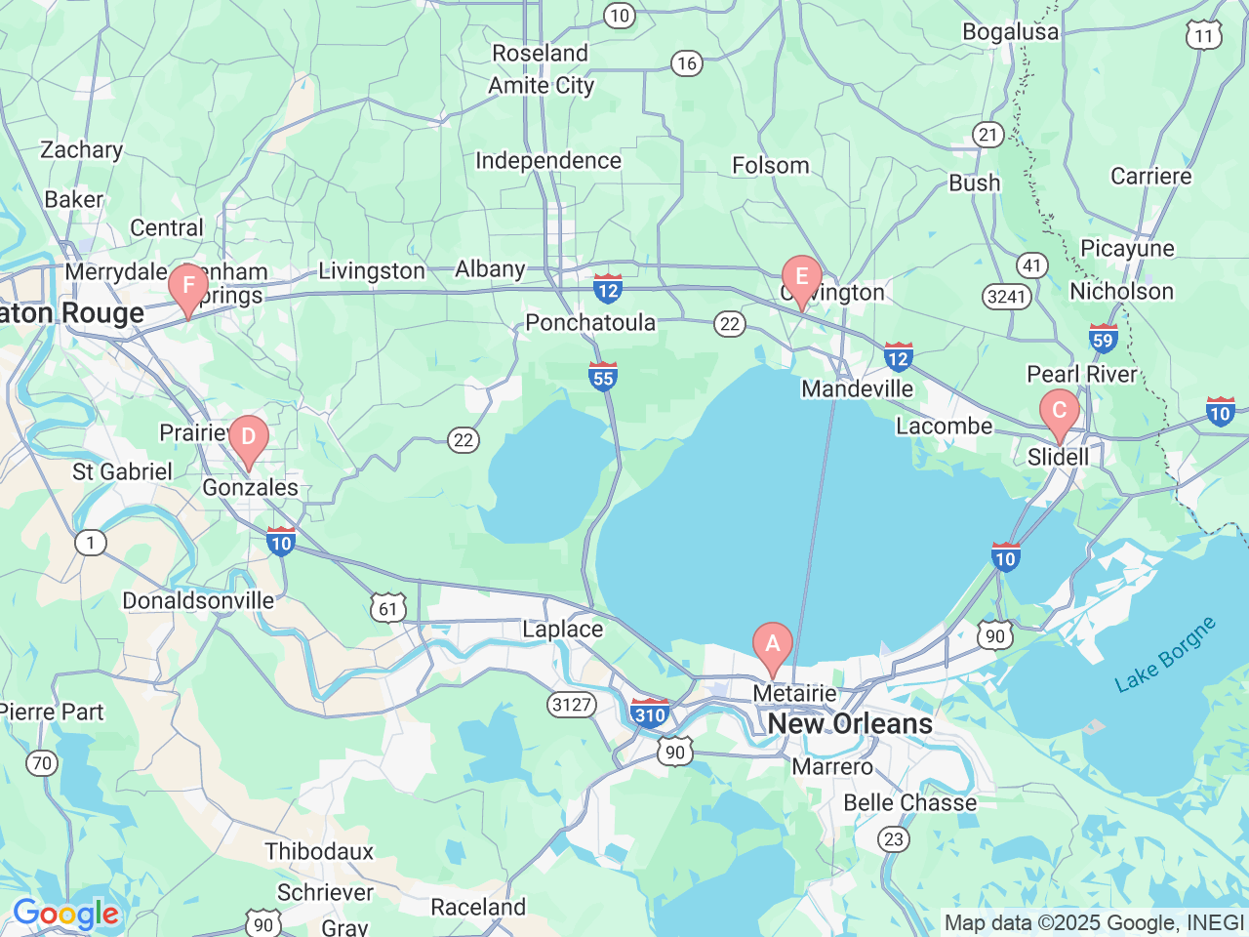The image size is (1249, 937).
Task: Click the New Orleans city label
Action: pyautogui.click(x=850, y=723)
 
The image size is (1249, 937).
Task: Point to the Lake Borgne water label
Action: pyautogui.click(x=1165, y=654)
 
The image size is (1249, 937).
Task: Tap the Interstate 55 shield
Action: pyautogui.click(x=603, y=377)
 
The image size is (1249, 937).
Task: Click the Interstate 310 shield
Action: pyautogui.click(x=650, y=713)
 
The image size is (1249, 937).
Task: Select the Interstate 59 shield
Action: pyautogui.click(x=1103, y=338)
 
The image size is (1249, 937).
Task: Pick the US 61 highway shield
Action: pyautogui.click(x=388, y=609)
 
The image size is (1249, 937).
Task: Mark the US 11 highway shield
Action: pyautogui.click(x=1204, y=36)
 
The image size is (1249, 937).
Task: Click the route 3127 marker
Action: pyautogui.click(x=572, y=704)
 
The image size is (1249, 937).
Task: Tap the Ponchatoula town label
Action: pyautogui.click(x=590, y=322)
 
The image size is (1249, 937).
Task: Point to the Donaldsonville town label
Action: pyautogui.click(x=198, y=600)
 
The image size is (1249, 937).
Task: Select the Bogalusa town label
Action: pyautogui.click(x=1010, y=31)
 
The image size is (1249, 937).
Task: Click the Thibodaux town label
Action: pyautogui.click(x=319, y=851)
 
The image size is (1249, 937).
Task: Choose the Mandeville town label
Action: pyautogui.click(x=857, y=388)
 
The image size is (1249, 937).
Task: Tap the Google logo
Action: pyautogui.click(x=65, y=915)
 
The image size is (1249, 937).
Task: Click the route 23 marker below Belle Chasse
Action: pyautogui.click(x=893, y=839)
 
